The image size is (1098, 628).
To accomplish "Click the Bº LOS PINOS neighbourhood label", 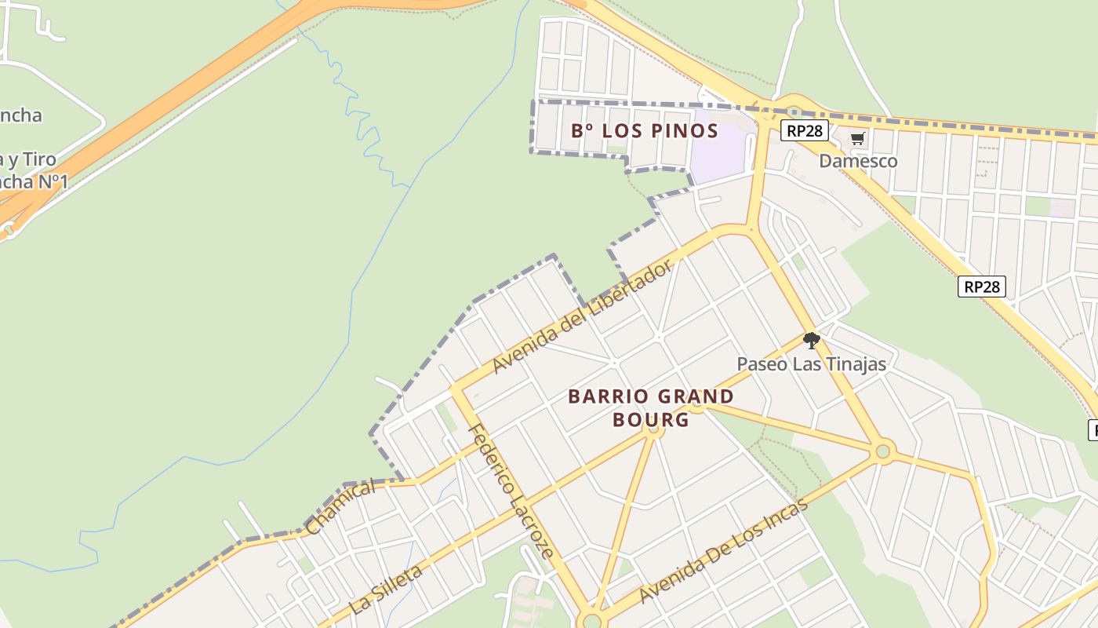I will (x=645, y=130).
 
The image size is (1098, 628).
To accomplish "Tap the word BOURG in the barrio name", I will (x=651, y=419).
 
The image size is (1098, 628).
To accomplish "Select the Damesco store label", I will (x=858, y=161).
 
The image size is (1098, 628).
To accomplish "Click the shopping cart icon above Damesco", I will (x=858, y=139).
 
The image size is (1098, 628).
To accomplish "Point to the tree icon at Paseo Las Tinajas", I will (x=811, y=341).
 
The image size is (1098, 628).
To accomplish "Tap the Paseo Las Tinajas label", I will (x=811, y=364).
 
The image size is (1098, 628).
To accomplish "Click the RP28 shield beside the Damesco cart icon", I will (x=804, y=130).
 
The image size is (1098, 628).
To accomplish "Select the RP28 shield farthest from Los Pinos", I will (x=981, y=287).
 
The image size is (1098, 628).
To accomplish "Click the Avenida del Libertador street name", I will (x=583, y=316).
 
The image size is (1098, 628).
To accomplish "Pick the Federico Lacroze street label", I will (x=511, y=491).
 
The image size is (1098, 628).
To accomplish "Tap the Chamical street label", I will (x=340, y=508).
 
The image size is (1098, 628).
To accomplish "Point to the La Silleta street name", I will (x=386, y=588).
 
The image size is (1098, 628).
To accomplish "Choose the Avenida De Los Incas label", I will (x=723, y=551).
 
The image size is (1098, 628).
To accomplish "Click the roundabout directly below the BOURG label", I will (x=653, y=429).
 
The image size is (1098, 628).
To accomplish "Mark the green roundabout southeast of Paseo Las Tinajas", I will (x=884, y=451).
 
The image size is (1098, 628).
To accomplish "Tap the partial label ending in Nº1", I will (x=31, y=182).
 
